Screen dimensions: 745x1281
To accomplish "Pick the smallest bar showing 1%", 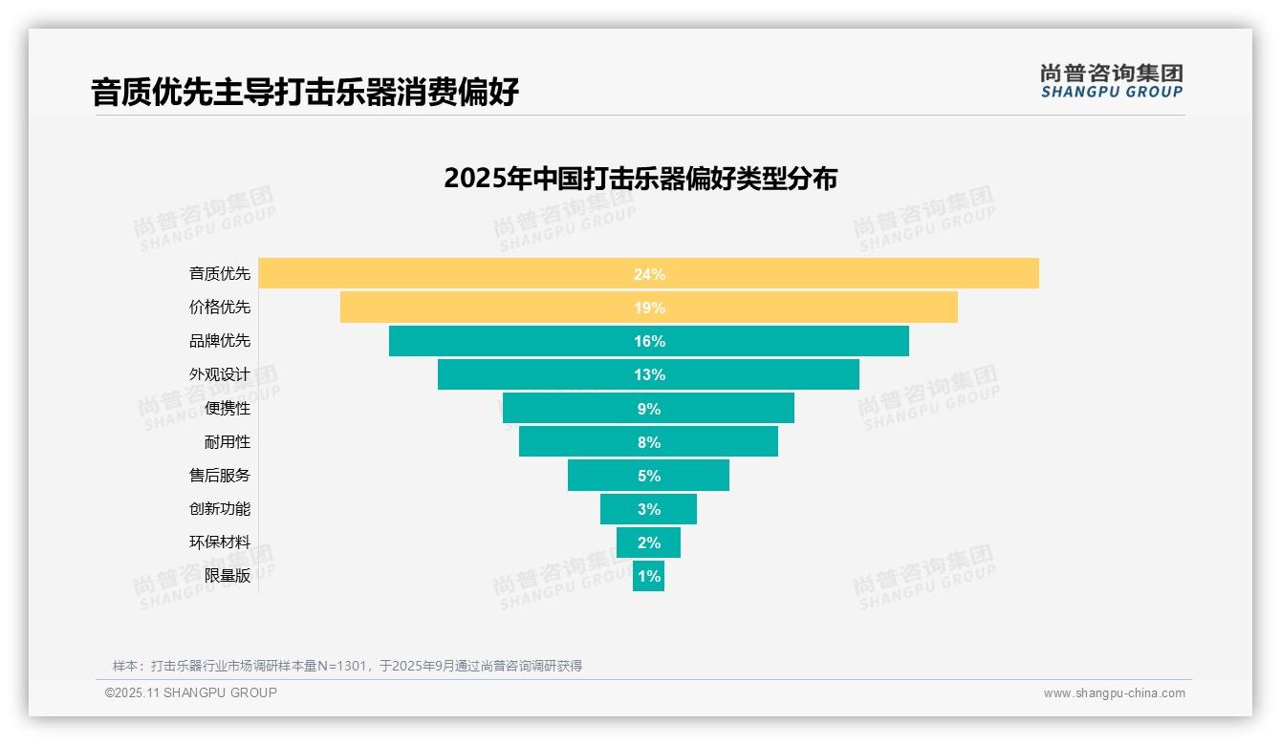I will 648,576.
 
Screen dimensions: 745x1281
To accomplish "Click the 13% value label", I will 649,374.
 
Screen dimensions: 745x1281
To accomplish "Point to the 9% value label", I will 649,409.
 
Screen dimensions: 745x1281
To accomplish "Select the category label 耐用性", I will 228,442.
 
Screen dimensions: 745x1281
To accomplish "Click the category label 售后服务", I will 220,476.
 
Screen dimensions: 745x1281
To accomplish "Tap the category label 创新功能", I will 220,509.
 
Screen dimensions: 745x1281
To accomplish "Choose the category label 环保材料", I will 220,543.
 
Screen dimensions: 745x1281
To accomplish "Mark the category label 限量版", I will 228,576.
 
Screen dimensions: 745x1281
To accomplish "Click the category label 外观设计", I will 220,374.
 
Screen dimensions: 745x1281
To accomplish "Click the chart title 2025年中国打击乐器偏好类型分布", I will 640,179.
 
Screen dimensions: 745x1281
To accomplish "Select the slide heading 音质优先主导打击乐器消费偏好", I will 305,93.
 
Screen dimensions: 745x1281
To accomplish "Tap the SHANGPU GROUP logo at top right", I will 1111,81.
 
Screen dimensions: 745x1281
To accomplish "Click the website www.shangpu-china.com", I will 1114,693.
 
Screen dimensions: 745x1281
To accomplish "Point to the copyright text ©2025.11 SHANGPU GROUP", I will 190,693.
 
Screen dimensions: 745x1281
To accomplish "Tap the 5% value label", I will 649,476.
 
